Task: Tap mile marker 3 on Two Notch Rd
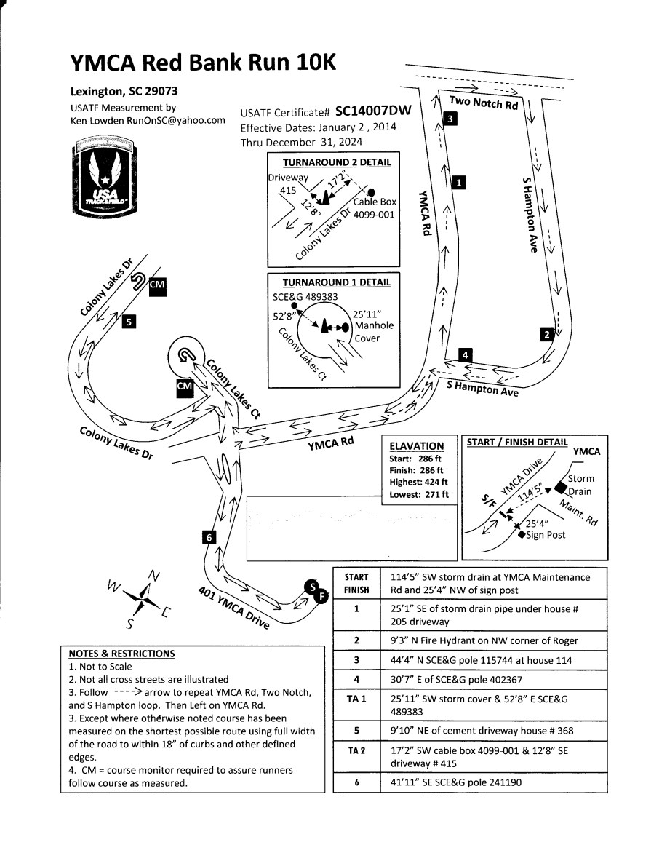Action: click(x=450, y=119)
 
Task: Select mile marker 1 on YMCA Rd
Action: click(x=458, y=183)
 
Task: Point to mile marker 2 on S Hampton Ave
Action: click(x=547, y=334)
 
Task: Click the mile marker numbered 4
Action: click(x=466, y=354)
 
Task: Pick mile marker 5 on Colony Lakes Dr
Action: click(x=128, y=320)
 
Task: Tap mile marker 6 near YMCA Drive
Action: click(x=209, y=537)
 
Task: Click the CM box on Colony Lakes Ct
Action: click(x=185, y=386)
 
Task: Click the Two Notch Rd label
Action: click(x=483, y=103)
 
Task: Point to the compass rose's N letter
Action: click(x=153, y=576)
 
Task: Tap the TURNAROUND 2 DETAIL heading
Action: click(x=336, y=162)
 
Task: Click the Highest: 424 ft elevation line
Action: click(x=418, y=482)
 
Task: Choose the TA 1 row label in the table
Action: click(x=356, y=698)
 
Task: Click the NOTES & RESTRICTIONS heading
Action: click(x=121, y=654)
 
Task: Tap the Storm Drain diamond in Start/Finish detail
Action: click(x=561, y=486)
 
